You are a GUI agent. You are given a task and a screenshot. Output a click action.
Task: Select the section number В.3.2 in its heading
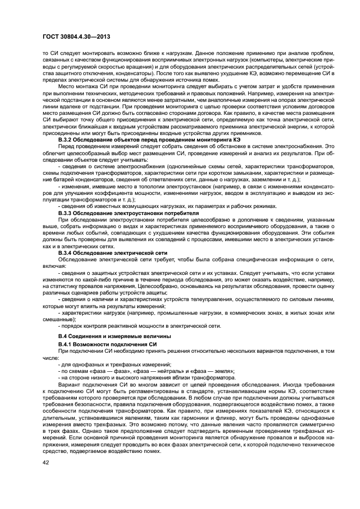point(68,140)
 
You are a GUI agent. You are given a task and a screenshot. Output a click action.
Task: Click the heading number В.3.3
point(68,213)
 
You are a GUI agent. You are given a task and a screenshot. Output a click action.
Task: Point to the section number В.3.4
point(68,253)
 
